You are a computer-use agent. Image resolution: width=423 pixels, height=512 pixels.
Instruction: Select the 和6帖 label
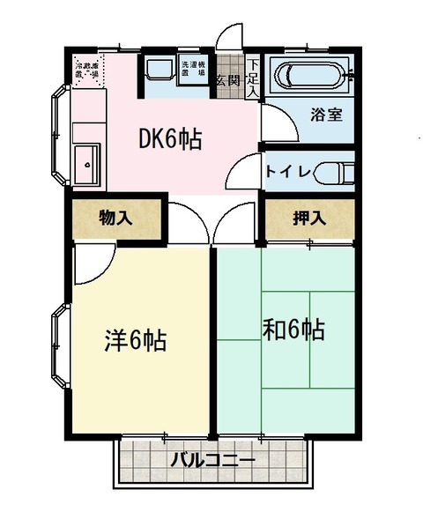pyautogui.click(x=293, y=330)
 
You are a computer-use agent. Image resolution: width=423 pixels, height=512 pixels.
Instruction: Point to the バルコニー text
pyautogui.click(x=212, y=460)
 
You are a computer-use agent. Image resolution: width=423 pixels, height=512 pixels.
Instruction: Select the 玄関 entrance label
pyautogui.click(x=227, y=80)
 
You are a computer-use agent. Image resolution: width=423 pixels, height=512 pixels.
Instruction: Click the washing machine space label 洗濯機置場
pyautogui.click(x=192, y=71)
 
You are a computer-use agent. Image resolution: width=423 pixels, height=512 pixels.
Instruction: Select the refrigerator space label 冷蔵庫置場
pyautogui.click(x=89, y=70)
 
